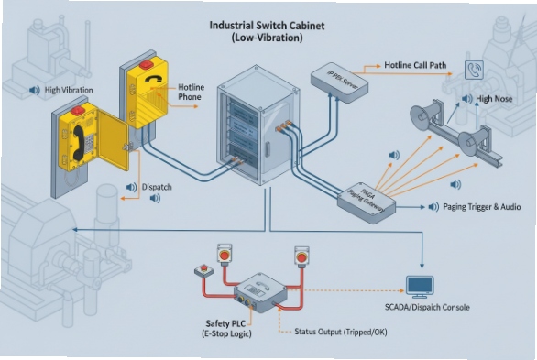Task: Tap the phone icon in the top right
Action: (475, 70)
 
